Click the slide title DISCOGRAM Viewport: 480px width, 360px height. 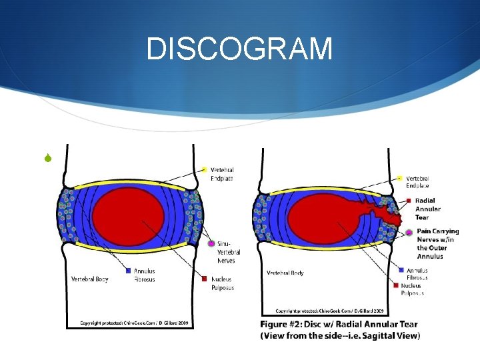(x=239, y=49)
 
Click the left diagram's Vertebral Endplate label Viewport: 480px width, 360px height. (x=222, y=174)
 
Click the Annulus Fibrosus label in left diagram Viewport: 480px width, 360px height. (x=145, y=275)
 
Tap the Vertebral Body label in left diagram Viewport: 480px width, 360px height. (x=91, y=279)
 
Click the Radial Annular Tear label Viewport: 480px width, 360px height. (x=428, y=209)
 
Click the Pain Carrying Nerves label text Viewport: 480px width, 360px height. (x=437, y=244)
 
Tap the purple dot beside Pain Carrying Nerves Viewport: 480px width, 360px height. (x=409, y=232)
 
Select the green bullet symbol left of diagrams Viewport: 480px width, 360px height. (x=48, y=158)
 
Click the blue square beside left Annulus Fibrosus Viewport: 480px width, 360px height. (x=127, y=271)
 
